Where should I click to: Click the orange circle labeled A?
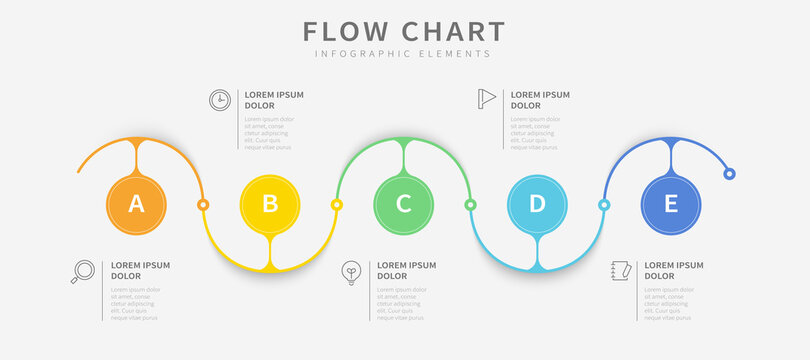point(137,204)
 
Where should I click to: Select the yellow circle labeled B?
point(270,204)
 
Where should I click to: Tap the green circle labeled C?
point(404,204)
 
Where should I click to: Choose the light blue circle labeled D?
point(537,204)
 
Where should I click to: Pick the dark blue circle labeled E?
point(671,204)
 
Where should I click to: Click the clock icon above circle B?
point(219,99)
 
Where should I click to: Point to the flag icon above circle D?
point(487,98)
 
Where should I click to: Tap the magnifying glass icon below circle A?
point(83,271)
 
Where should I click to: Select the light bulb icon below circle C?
point(351,271)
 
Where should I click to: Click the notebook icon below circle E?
point(620,272)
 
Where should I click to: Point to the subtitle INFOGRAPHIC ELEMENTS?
point(404,54)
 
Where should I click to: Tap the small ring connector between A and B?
point(203,204)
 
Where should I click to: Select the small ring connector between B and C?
point(337,204)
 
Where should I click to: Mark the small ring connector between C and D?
point(470,204)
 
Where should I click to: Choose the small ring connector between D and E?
point(604,204)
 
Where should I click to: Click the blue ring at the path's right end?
point(730,174)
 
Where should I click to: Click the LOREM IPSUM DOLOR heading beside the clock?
point(274,100)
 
